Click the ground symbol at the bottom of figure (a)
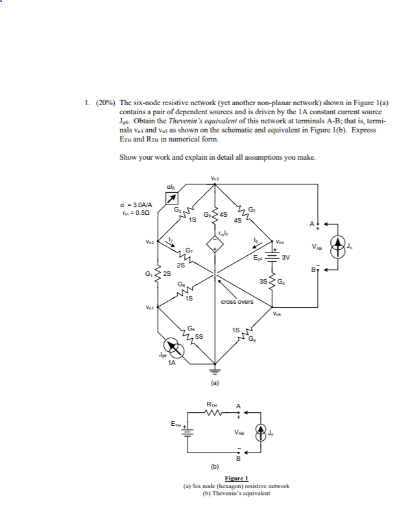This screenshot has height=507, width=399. point(215,371)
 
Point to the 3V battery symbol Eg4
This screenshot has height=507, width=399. point(272,256)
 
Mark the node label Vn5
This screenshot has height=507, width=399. point(278,315)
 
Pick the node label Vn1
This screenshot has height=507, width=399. point(149,308)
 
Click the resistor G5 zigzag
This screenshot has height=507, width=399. point(247,336)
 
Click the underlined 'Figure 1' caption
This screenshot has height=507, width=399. point(236,480)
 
